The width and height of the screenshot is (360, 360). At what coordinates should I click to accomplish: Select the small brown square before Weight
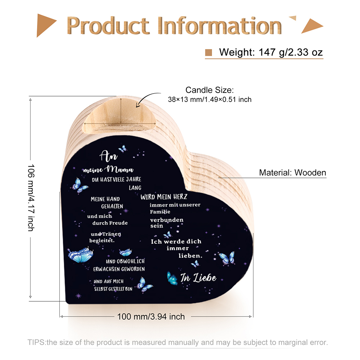(x=208, y=53)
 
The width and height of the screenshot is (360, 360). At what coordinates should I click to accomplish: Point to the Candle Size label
(x=210, y=90)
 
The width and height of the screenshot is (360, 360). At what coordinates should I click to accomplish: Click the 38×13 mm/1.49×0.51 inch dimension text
(x=210, y=99)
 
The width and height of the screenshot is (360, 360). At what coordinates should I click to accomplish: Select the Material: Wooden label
(x=292, y=173)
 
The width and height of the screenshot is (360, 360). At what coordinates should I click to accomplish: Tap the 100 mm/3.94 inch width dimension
(x=151, y=317)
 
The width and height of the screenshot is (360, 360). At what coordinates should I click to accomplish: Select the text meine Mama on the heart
(x=108, y=169)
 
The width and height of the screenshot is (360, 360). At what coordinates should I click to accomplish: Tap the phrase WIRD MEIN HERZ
(x=164, y=197)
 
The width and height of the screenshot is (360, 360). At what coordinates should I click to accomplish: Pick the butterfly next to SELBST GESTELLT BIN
(x=146, y=284)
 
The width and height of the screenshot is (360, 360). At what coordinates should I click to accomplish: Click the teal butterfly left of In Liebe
(x=172, y=278)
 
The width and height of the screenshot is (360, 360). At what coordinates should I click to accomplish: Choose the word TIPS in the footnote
(x=36, y=342)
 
